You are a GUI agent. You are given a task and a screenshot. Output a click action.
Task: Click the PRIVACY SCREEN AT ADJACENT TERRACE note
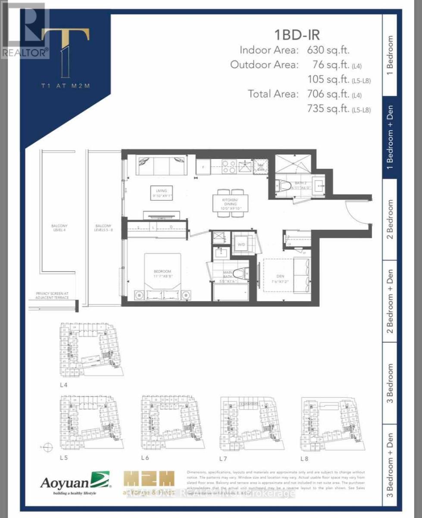point(53,296)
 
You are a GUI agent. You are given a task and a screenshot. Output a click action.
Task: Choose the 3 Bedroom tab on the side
point(390,383)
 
